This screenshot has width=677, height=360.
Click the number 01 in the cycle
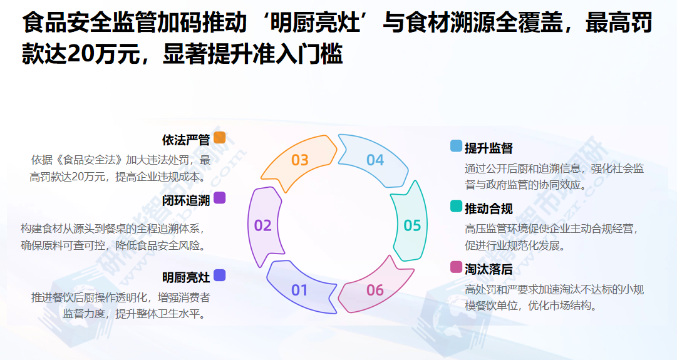pos(300,290)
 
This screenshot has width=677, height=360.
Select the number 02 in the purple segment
pos(263,225)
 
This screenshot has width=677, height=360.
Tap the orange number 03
pos(300,160)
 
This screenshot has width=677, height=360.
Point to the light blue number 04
pos(375,160)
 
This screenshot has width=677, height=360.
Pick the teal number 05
pos(412,225)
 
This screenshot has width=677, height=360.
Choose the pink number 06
pos(375,290)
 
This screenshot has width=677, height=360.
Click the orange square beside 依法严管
pos(219,138)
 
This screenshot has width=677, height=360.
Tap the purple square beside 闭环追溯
pos(219,198)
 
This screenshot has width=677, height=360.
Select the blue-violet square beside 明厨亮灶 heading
pos(219,275)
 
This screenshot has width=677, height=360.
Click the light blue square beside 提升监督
pos(456,146)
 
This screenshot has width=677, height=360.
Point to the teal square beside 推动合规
pos(456,207)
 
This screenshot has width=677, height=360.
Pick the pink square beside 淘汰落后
pos(456,267)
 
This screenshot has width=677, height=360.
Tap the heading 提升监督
pos(488,148)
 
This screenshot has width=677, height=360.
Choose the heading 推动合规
pos(488,208)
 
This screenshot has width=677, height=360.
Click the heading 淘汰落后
pos(488,269)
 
